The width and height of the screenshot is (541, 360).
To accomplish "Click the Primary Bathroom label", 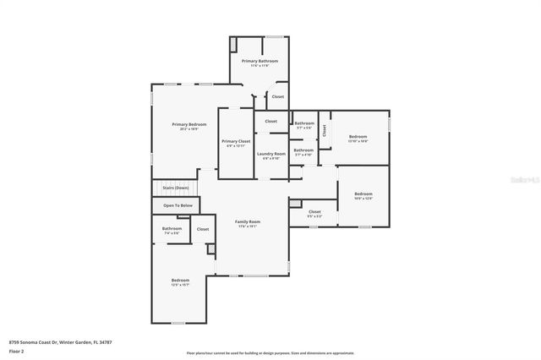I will coord(260,62).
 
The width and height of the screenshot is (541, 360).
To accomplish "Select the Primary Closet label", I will coord(236,141).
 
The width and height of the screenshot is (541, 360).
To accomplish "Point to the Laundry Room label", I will coord(271,154).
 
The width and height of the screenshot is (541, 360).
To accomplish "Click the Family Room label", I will coord(248,221).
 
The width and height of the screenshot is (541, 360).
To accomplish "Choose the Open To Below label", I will coord(178,205).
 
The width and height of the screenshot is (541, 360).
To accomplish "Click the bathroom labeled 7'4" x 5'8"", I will coord(172,228).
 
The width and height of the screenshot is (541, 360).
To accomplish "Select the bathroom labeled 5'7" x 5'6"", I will coord(303,124).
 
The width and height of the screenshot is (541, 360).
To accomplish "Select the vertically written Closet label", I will coord(324,129).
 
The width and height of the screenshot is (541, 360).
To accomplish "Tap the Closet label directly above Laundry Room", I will coord(270,121).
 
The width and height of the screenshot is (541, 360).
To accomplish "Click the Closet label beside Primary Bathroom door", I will coord(277,96).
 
